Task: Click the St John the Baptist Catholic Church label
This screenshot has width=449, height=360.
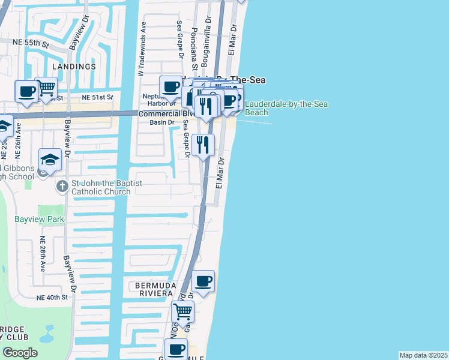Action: click(101, 187)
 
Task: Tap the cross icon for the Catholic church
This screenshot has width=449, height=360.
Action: click(62, 187)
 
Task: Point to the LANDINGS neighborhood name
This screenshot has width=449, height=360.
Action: click(74, 67)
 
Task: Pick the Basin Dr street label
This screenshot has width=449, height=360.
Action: click(162, 123)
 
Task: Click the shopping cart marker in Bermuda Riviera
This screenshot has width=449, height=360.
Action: click(182, 311)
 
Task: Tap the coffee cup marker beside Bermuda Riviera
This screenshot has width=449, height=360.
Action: click(203, 281)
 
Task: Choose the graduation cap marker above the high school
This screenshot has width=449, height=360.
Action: click(50, 159)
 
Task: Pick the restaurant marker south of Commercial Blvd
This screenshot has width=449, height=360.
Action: click(203, 145)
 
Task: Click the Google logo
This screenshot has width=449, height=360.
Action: click(20, 353)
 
